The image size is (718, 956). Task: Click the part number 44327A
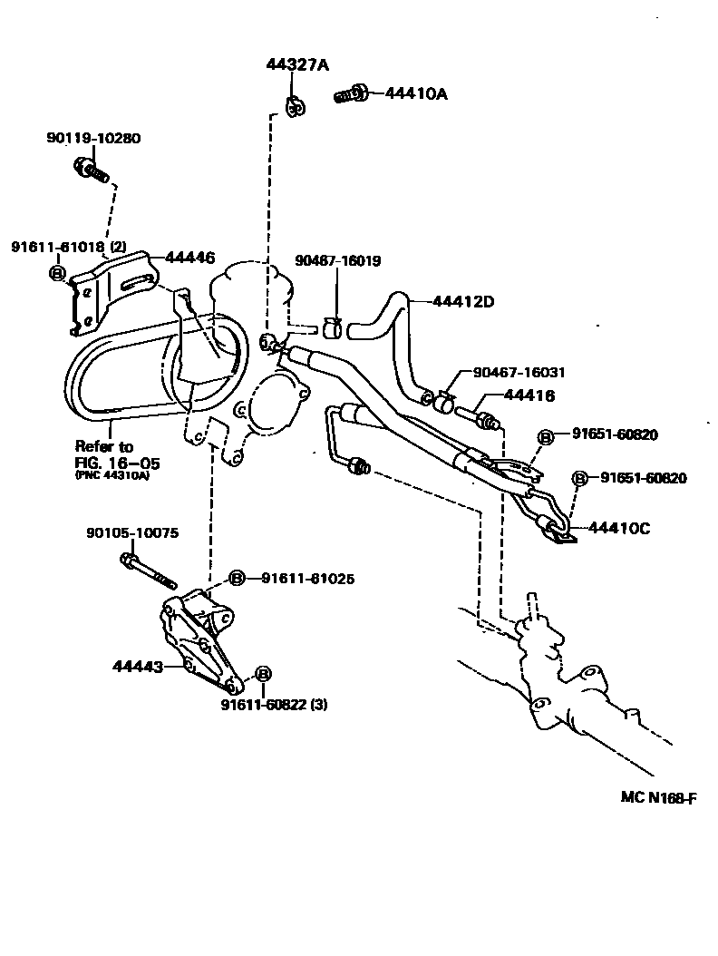click(x=297, y=65)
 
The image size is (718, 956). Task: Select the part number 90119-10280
click(x=93, y=139)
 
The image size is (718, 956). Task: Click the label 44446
click(x=189, y=258)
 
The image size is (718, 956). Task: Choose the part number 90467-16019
click(x=337, y=261)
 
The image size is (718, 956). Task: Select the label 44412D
click(x=462, y=302)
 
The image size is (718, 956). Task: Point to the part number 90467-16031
click(x=519, y=372)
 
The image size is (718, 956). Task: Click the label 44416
click(x=529, y=396)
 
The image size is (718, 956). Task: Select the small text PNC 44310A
click(x=112, y=476)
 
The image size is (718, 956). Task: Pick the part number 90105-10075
click(x=133, y=533)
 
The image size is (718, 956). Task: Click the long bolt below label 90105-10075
click(x=145, y=568)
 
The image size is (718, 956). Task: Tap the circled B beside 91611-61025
click(x=237, y=578)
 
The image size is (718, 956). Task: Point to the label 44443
click(x=138, y=667)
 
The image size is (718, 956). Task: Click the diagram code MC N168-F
click(x=659, y=797)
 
